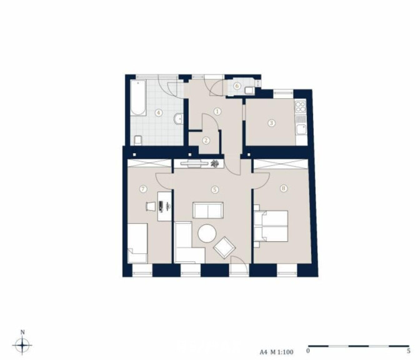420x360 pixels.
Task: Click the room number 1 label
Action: click(217, 111)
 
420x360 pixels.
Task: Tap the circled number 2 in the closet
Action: click(206, 141)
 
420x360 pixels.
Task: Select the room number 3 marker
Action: click(272, 123)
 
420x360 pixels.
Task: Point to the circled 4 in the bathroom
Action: click(159, 112)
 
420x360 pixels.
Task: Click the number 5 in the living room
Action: click(214, 189)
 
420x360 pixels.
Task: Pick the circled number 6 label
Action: click(237, 86)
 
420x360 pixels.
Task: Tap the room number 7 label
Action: click(143, 189)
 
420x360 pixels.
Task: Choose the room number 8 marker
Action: click(283, 188)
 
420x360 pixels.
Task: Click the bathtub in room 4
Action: click(138, 97)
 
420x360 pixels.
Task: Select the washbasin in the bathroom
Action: click(178, 119)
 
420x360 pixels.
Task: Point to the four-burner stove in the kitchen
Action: click(301, 107)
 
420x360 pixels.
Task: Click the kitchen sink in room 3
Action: click(301, 130)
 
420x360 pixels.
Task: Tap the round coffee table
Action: click(207, 234)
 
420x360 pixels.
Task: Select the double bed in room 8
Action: click(271, 226)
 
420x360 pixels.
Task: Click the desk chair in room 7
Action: click(151, 207)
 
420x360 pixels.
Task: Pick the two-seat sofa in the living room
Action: click(208, 210)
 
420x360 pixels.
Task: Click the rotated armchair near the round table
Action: click(224, 247)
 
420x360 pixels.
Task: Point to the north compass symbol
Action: click(22, 345)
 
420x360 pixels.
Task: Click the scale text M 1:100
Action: click(281, 352)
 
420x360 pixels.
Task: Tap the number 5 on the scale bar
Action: click(409, 351)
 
